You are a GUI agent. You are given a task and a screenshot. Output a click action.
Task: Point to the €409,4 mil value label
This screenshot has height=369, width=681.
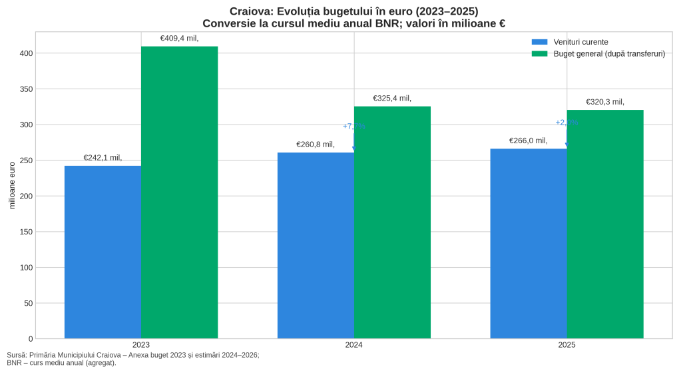179,39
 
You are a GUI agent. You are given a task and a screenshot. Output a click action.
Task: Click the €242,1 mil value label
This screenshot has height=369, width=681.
103,158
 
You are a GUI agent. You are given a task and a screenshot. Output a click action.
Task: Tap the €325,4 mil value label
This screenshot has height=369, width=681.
392,99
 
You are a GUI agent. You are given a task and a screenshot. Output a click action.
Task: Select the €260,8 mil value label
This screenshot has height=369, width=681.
316,145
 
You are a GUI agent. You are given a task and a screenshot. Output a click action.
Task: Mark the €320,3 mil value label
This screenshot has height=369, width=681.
605,102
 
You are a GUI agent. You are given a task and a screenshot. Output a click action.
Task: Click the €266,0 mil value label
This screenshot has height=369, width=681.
529,141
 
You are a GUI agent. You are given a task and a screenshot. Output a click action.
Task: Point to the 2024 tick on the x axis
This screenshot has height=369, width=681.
353,345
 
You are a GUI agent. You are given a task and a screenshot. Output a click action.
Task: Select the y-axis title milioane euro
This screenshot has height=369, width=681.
12,185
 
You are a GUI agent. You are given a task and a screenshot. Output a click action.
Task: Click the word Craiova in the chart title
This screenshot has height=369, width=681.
250,11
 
